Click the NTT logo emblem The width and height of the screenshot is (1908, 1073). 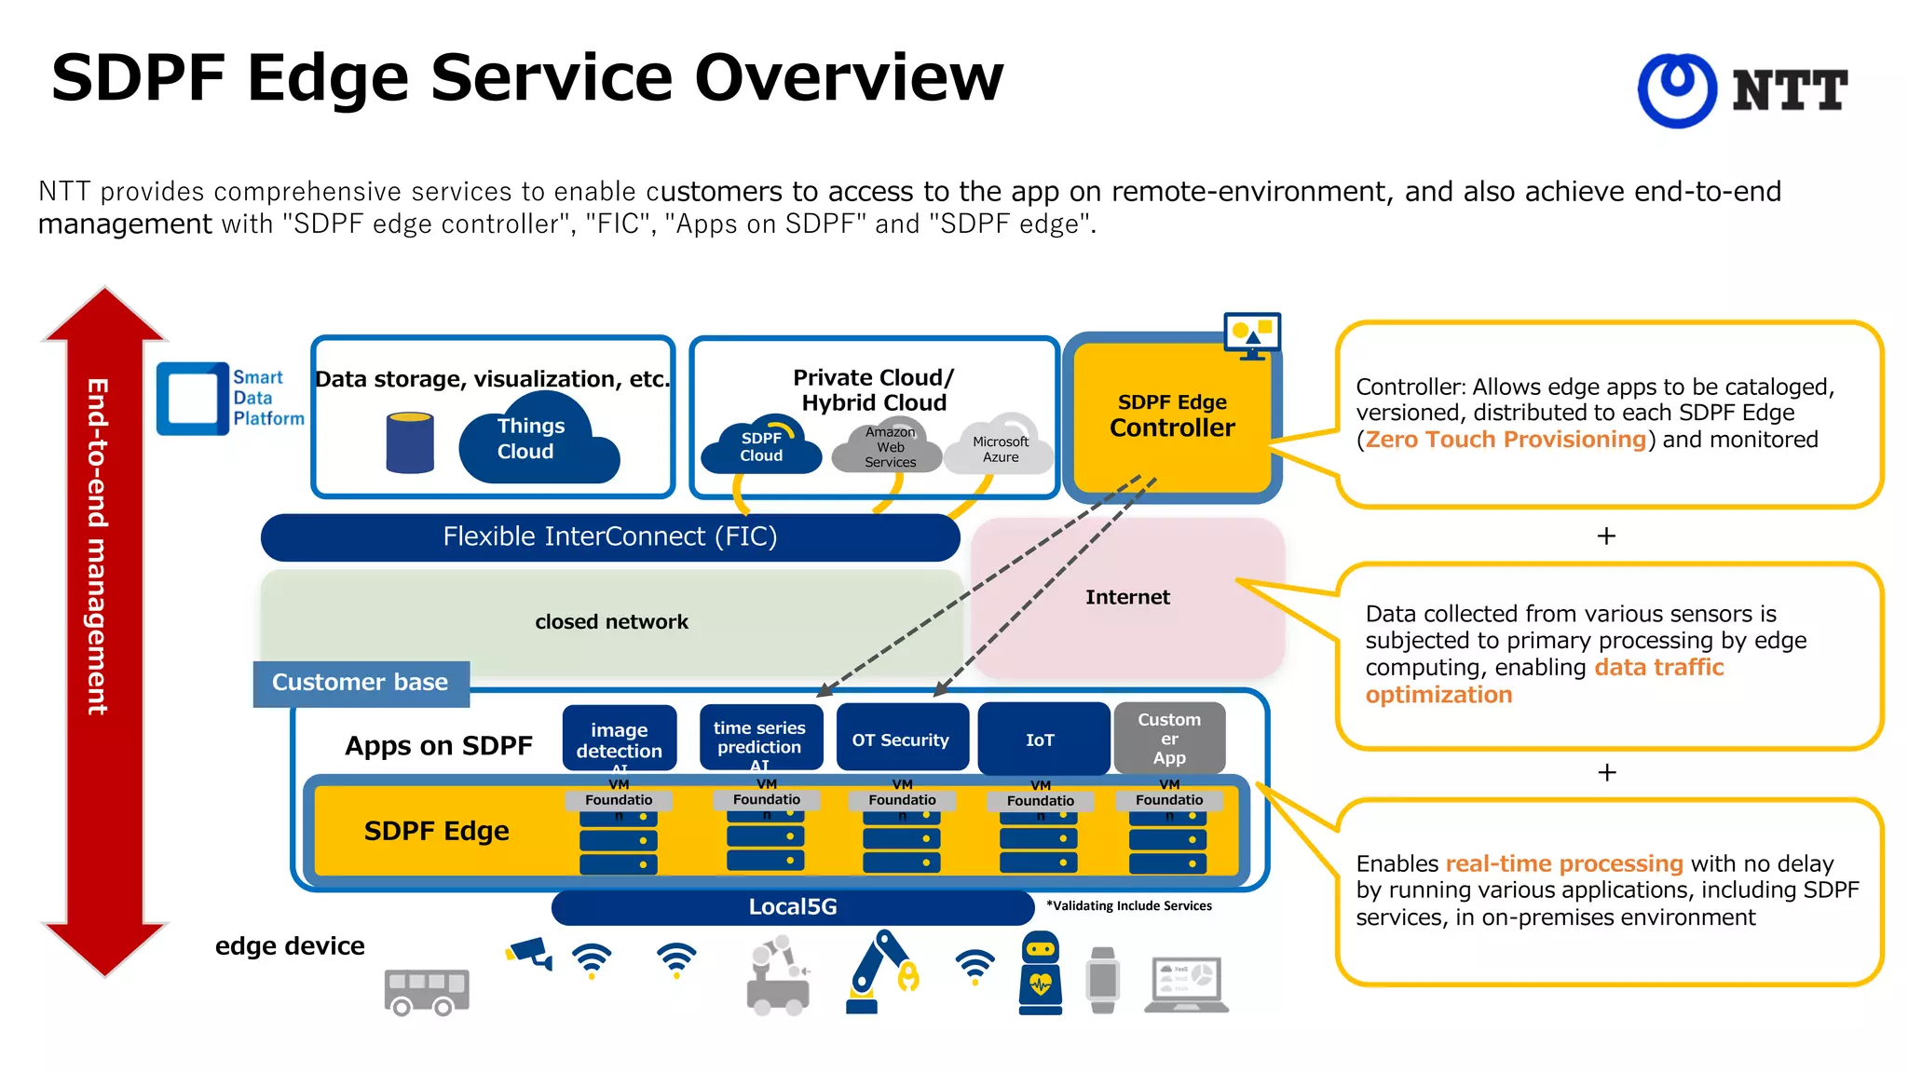click(x=1677, y=89)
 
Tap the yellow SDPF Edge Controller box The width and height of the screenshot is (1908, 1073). click(x=1171, y=416)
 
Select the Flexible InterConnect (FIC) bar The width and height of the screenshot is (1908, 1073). click(x=610, y=536)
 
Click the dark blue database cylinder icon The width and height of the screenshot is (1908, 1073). click(x=410, y=442)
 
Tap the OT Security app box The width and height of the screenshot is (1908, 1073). click(x=901, y=740)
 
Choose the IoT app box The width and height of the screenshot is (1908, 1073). click(x=1041, y=740)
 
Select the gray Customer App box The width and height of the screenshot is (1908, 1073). click(x=1169, y=738)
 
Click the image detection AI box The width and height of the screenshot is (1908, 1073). click(x=619, y=739)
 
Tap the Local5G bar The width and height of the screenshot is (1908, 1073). click(x=792, y=906)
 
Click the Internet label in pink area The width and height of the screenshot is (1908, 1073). click(x=1127, y=597)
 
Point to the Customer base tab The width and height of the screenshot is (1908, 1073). click(x=361, y=683)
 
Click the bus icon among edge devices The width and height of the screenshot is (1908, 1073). click(x=427, y=992)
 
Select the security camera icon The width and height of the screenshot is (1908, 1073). click(x=529, y=954)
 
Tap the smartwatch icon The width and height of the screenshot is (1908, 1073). click(x=1103, y=980)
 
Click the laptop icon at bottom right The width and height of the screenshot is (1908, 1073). click(x=1187, y=984)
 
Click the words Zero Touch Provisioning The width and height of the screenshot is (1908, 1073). click(x=1506, y=440)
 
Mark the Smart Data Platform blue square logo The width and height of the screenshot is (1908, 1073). click(x=193, y=399)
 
